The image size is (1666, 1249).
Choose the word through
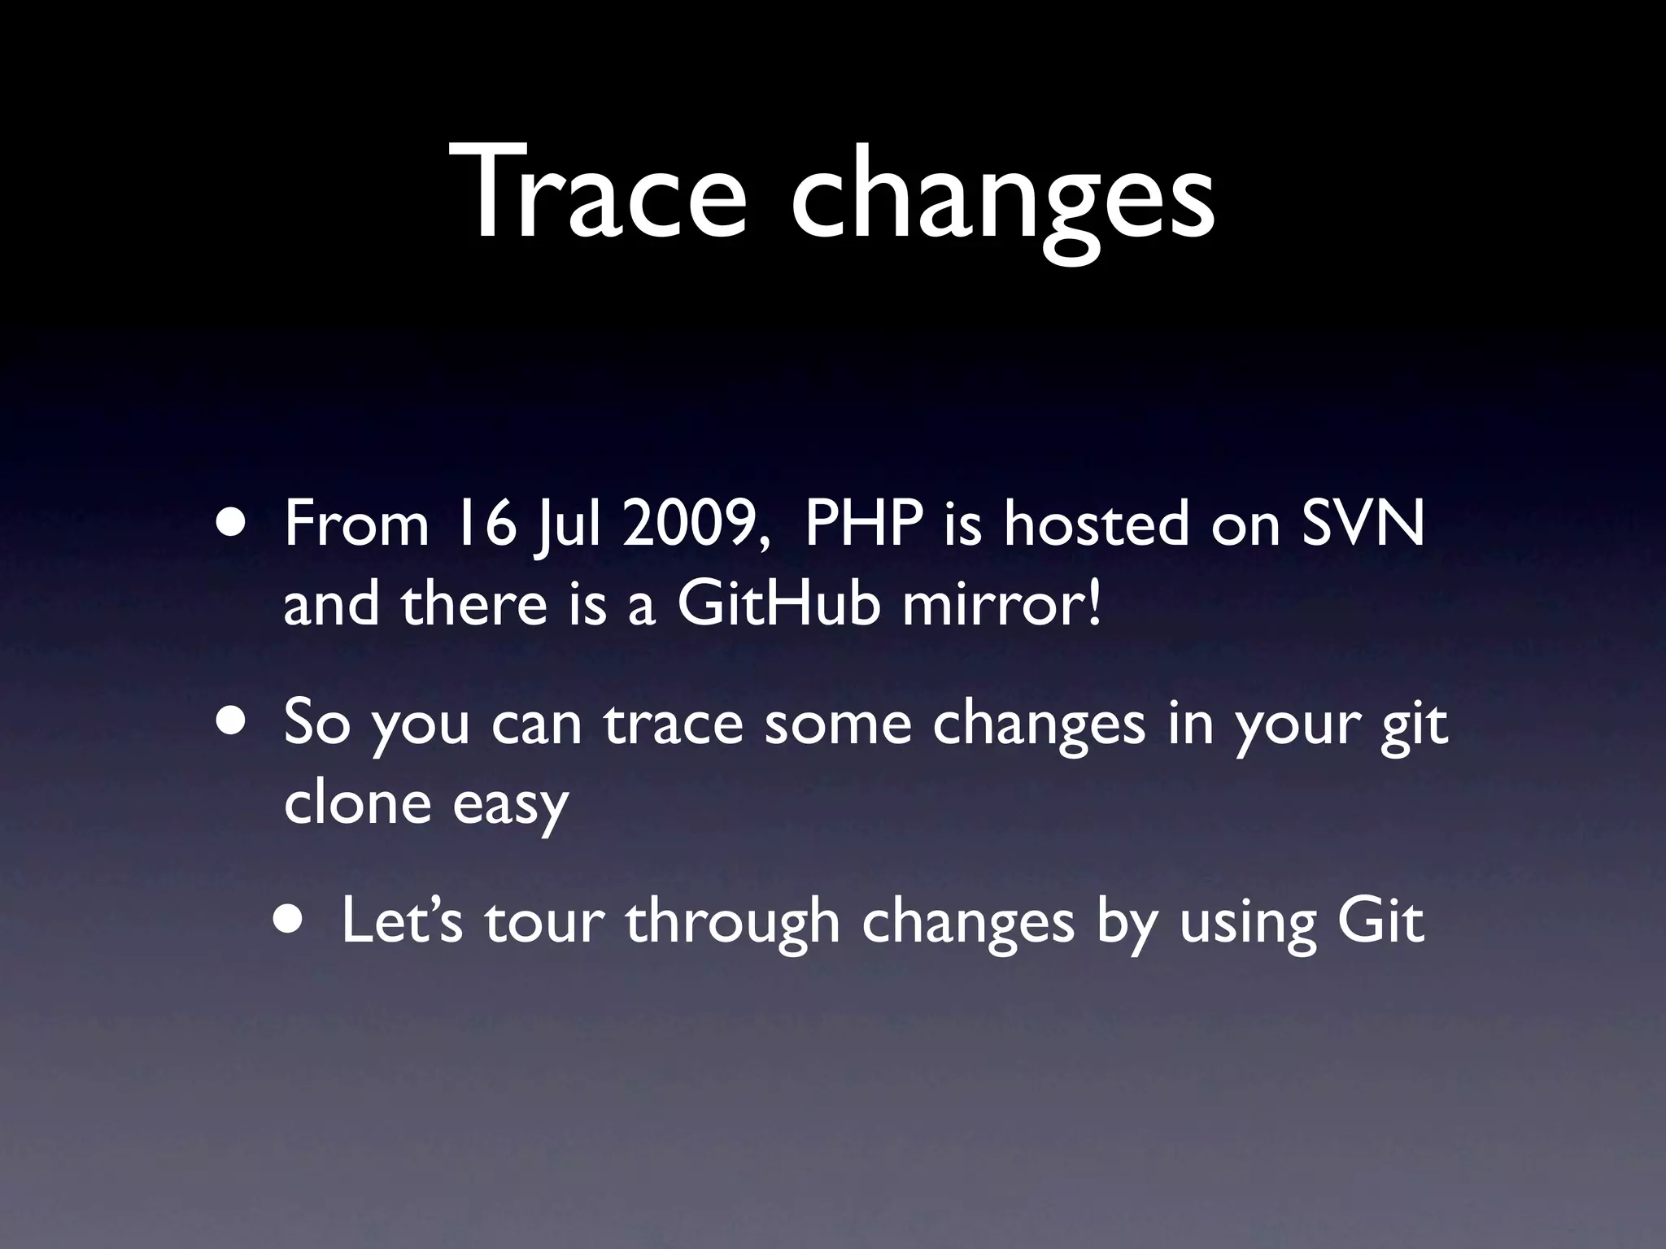tap(732, 924)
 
